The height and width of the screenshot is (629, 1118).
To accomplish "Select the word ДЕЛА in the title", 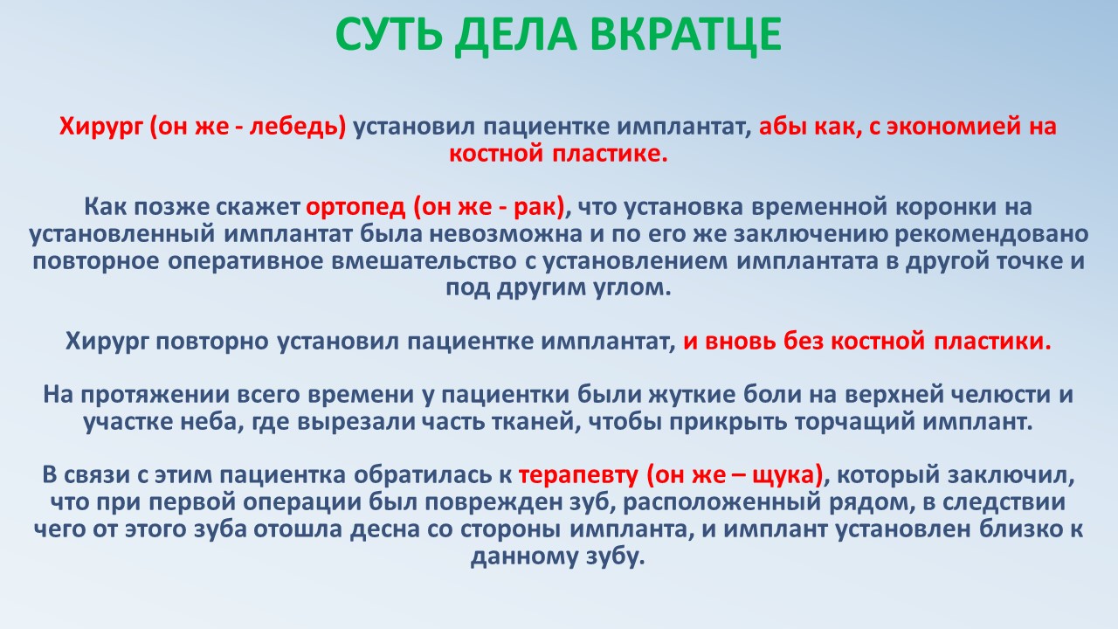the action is point(515,35).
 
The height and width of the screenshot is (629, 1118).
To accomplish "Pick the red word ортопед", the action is point(355,208).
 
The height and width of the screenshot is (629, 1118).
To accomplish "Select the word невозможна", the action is point(506,234).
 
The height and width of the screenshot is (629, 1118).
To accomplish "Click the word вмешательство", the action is point(424,261).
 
